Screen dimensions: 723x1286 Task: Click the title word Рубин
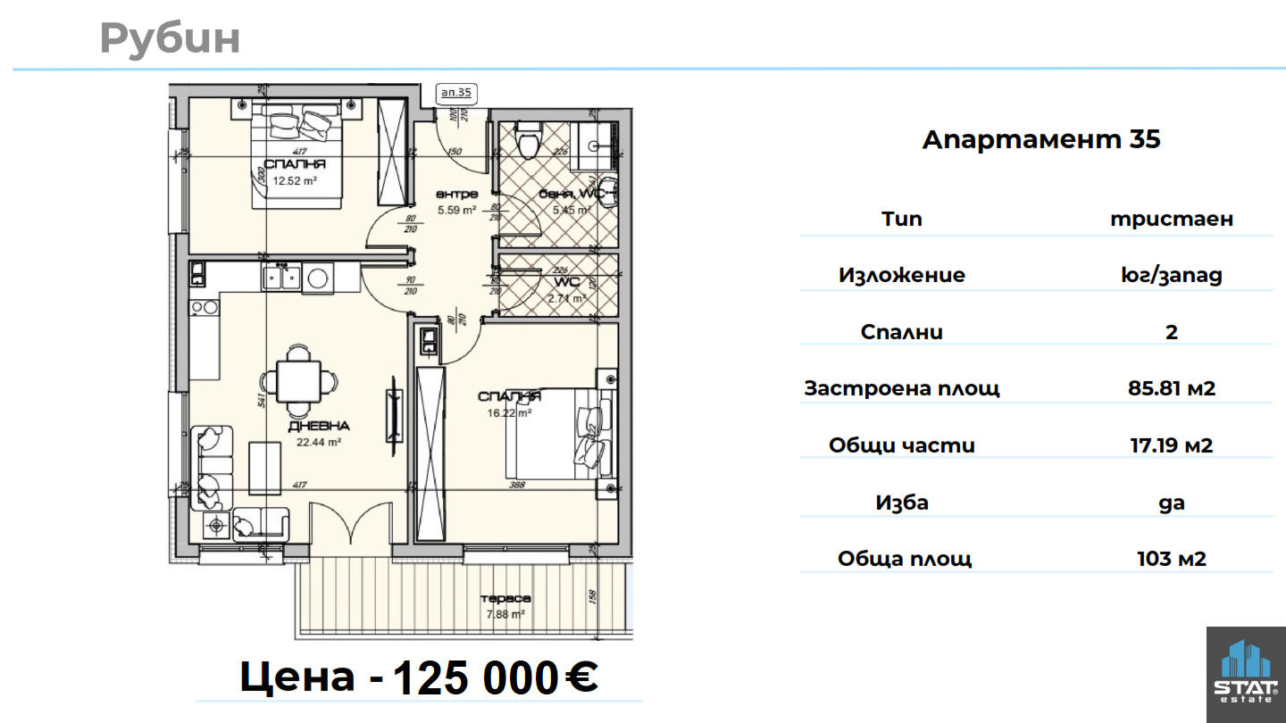[x=170, y=38]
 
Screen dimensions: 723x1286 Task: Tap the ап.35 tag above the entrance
[x=456, y=92]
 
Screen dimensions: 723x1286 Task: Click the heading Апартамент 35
[x=1041, y=139]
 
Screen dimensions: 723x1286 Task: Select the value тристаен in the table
[x=1171, y=219]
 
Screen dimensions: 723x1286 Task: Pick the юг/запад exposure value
[x=1171, y=275]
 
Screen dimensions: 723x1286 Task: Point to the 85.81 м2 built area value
[x=1171, y=388]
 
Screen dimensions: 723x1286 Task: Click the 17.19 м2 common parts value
[x=1171, y=445]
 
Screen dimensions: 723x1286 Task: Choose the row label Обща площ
[x=904, y=559]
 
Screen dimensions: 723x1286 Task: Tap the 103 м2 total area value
[x=1171, y=559]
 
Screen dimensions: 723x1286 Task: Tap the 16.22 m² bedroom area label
[x=509, y=412]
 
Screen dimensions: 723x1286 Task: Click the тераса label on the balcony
[x=505, y=599]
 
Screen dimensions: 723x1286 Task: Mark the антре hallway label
[x=456, y=194]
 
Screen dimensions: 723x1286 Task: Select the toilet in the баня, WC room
[x=529, y=140]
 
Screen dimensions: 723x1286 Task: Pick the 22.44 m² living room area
[x=319, y=441]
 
